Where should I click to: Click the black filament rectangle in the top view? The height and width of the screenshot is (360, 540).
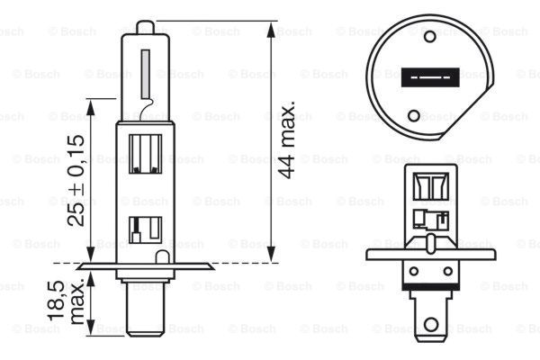pos(416,78)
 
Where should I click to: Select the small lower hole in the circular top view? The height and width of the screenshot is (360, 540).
pos(414,114)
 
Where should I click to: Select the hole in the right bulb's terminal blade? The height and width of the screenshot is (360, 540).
pos(435,320)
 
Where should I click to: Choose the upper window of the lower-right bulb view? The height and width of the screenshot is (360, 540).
pos(431,186)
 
